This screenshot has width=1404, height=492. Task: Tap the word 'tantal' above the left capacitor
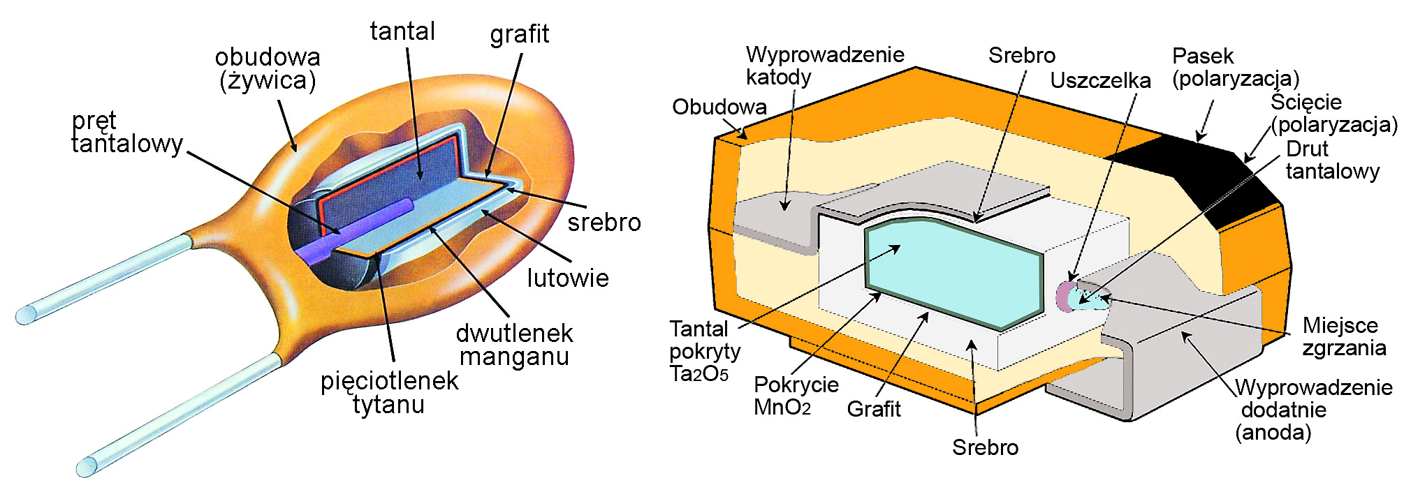tap(402, 31)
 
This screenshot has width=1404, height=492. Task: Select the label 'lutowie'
tap(568, 278)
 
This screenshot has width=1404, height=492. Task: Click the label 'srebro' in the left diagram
tap(604, 223)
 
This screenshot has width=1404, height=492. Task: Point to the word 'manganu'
tap(514, 357)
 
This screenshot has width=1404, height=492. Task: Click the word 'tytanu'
tap(388, 405)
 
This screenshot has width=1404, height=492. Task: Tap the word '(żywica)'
tap(268, 81)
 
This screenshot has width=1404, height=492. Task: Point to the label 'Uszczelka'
tap(1100, 81)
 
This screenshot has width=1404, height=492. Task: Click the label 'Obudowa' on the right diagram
tap(719, 107)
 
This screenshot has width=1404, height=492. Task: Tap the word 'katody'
tap(778, 77)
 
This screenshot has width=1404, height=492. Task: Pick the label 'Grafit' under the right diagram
tap(873, 409)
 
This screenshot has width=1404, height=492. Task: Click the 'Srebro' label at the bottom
tap(985, 447)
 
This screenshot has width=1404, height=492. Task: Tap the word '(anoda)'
tap(1273, 433)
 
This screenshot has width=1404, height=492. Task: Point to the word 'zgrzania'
tap(1344, 348)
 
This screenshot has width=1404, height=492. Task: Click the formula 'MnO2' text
tap(782, 408)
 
